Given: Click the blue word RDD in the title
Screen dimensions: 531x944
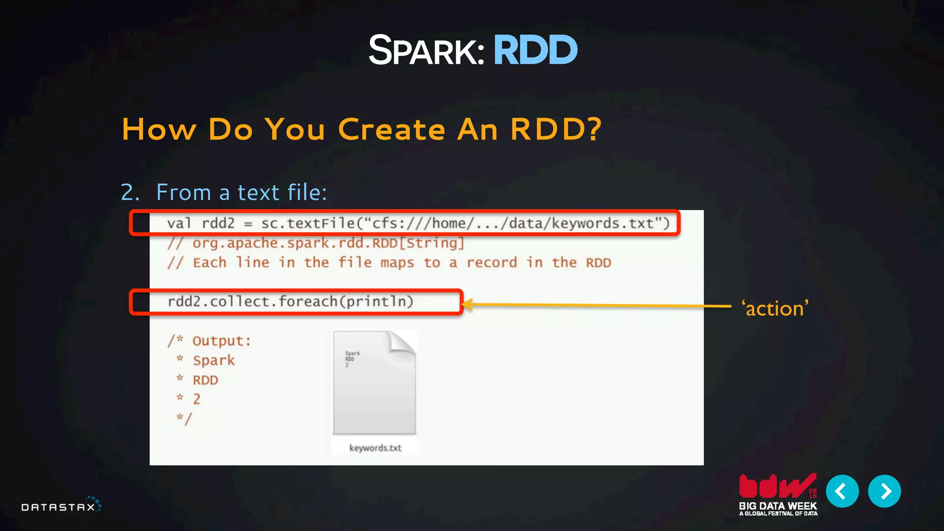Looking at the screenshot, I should click(x=535, y=50).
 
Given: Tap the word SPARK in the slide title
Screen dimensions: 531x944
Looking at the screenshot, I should click(x=426, y=50).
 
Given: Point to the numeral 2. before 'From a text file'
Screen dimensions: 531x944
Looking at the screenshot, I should click(x=130, y=192).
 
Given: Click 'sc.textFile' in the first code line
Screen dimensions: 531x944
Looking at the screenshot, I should click(x=308, y=224).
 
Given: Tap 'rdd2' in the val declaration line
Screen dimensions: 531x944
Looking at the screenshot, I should click(x=218, y=224).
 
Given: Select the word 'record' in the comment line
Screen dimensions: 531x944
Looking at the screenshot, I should click(x=492, y=263).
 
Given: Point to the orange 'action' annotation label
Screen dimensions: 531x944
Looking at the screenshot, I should click(x=775, y=308).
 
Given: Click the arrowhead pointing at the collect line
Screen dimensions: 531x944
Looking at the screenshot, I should click(x=466, y=304).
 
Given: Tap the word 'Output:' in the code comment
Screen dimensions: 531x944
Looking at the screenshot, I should click(x=222, y=341).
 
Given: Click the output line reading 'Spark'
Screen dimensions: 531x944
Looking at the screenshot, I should click(x=214, y=360).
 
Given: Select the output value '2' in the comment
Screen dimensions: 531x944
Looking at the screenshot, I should click(x=197, y=399).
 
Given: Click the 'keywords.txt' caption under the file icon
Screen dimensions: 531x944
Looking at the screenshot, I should click(x=375, y=448).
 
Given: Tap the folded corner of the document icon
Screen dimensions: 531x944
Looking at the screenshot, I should click(x=402, y=343).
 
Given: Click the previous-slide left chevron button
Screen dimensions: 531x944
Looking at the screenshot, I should click(x=842, y=491).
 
